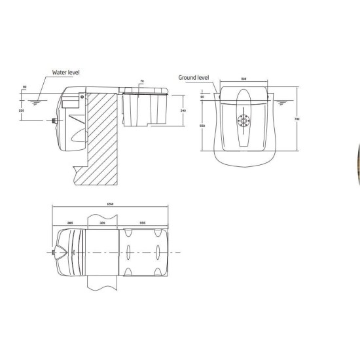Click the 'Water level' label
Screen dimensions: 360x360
tap(66, 73)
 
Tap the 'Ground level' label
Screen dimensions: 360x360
tap(193, 77)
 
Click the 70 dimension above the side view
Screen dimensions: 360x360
tap(141, 82)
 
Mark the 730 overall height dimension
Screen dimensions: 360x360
tap(297, 118)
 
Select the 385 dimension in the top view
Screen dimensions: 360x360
tap(69, 223)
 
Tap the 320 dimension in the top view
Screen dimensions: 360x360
tap(101, 223)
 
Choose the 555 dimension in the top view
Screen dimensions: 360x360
tap(143, 223)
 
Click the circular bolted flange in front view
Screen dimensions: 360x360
tap(245, 120)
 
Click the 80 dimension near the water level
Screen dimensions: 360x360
tap(24, 86)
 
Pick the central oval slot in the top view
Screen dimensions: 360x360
tap(128, 251)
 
